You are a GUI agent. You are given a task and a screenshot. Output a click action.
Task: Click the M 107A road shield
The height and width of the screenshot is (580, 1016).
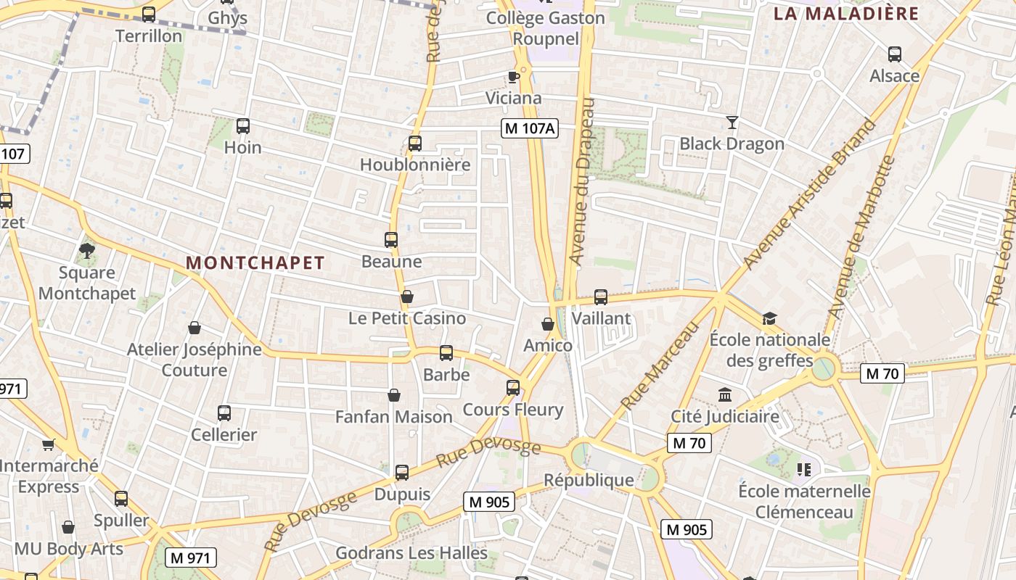click(530, 128)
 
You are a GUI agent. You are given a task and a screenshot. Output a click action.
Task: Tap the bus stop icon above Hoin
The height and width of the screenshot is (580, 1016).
click(243, 126)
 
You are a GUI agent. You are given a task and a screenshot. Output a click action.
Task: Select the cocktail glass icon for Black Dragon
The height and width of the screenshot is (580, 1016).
click(732, 123)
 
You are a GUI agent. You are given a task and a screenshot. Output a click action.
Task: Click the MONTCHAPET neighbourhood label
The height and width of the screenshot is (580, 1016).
click(255, 262)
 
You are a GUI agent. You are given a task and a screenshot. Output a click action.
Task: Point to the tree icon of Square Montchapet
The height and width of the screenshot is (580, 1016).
click(87, 251)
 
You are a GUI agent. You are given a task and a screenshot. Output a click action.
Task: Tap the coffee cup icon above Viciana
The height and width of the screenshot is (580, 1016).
click(514, 77)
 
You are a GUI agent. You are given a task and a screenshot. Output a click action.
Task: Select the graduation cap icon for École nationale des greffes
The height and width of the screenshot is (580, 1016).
click(769, 318)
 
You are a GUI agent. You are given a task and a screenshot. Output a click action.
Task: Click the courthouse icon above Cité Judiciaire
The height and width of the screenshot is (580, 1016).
click(725, 395)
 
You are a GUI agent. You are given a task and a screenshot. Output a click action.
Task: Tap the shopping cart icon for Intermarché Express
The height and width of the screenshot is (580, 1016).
click(49, 444)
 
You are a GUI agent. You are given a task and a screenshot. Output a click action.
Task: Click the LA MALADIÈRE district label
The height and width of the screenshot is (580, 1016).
click(846, 13)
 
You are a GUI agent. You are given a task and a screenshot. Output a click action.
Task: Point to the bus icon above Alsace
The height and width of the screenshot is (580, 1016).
click(895, 54)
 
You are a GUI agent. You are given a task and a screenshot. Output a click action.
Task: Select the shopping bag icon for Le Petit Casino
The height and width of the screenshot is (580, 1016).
click(407, 297)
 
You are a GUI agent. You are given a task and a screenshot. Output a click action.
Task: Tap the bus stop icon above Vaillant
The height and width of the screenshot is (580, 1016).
click(601, 297)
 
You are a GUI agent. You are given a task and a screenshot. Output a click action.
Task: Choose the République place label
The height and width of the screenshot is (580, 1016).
click(589, 480)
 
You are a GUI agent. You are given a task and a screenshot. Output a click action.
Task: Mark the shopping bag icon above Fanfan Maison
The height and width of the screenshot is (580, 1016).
click(394, 395)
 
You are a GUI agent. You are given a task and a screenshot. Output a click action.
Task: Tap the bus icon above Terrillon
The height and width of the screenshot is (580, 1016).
click(149, 14)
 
